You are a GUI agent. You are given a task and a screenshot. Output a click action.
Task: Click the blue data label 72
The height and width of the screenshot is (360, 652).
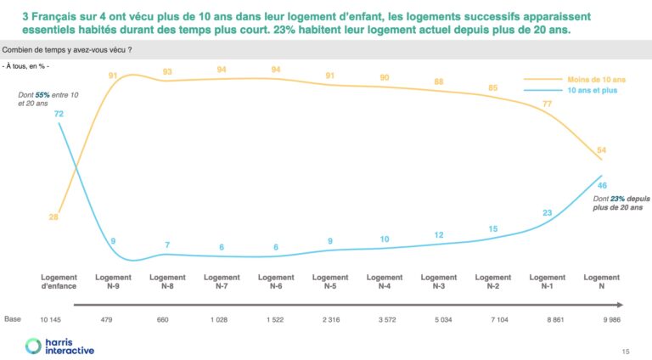pyautogui.click(x=59, y=113)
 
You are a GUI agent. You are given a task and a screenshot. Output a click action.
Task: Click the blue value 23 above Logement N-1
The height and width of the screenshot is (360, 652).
pyautogui.click(x=548, y=213)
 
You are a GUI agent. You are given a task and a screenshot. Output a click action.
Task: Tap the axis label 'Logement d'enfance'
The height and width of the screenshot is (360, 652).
pyautogui.click(x=59, y=282)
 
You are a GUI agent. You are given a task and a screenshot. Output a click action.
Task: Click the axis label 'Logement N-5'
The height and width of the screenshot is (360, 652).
pyautogui.click(x=330, y=282)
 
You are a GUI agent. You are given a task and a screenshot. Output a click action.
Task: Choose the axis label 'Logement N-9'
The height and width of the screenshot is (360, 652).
pyautogui.click(x=113, y=282)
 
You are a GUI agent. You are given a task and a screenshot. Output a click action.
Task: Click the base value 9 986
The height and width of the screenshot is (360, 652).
pyautogui.click(x=602, y=319)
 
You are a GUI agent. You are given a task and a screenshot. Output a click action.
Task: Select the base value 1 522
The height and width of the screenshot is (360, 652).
pyautogui.click(x=276, y=319)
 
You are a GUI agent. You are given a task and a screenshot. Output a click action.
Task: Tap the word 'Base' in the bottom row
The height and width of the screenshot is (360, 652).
pyautogui.click(x=13, y=319)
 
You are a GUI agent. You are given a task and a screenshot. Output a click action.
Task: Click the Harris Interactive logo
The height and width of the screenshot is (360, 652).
pyautogui.click(x=59, y=346)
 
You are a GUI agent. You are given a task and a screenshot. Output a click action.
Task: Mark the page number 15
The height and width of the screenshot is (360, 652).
pyautogui.click(x=627, y=351)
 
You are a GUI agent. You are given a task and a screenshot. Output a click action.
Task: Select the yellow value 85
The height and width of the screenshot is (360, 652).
pyautogui.click(x=493, y=87)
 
